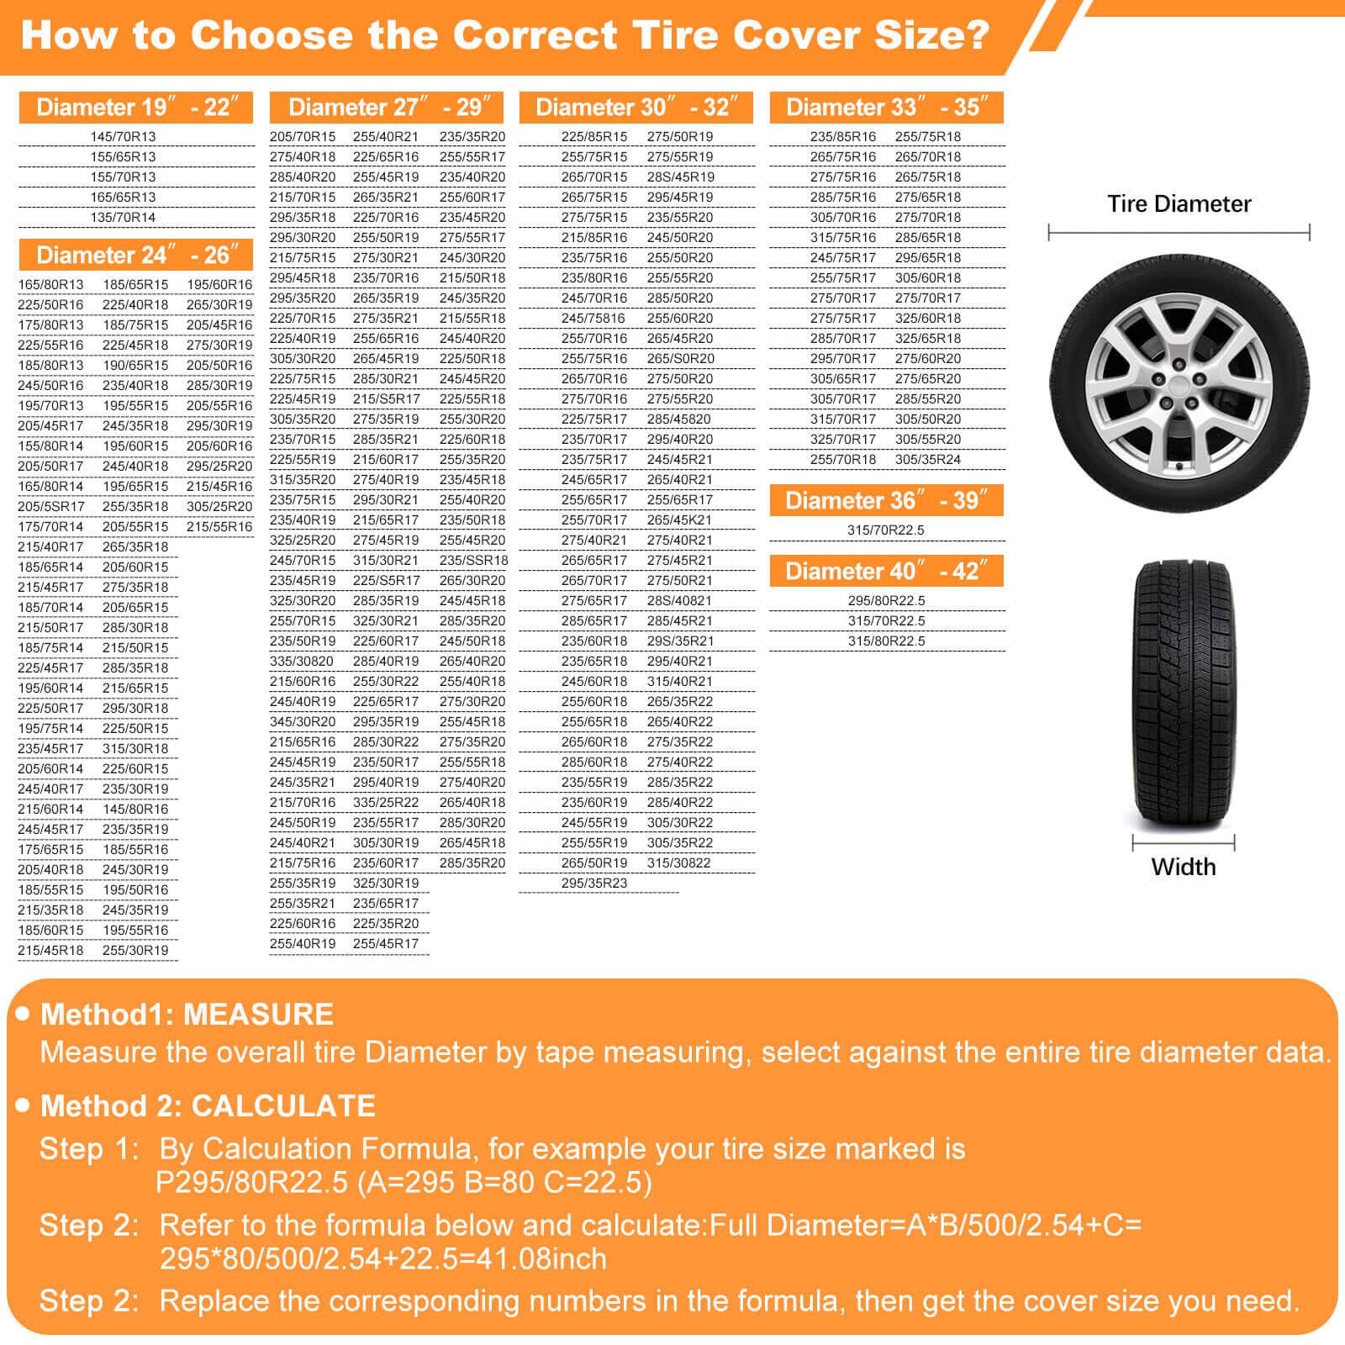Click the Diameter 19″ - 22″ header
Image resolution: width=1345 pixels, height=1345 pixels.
[x=136, y=108]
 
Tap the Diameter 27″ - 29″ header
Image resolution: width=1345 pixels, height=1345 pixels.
[x=386, y=108]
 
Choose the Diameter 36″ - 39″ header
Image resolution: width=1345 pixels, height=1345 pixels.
[x=886, y=501]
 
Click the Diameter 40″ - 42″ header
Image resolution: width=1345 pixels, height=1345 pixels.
[x=886, y=572]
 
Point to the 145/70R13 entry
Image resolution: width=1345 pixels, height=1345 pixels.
[x=123, y=137]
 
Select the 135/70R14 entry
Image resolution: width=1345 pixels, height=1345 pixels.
[x=123, y=218]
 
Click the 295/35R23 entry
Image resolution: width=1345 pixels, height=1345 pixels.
[x=594, y=883]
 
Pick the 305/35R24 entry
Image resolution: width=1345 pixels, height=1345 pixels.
[x=927, y=460]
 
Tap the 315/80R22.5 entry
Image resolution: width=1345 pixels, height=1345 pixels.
[x=886, y=641]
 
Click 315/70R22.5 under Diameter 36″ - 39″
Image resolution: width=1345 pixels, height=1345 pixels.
[x=886, y=530]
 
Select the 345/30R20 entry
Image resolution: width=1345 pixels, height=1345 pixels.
[x=303, y=722]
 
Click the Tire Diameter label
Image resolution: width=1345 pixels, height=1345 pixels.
[x=1179, y=204]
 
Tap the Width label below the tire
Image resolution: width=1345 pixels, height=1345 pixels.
[x=1183, y=867]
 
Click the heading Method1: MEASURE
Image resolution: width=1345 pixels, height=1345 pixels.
[x=187, y=1015]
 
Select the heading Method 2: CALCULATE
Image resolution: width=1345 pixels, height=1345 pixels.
[x=208, y=1106]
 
